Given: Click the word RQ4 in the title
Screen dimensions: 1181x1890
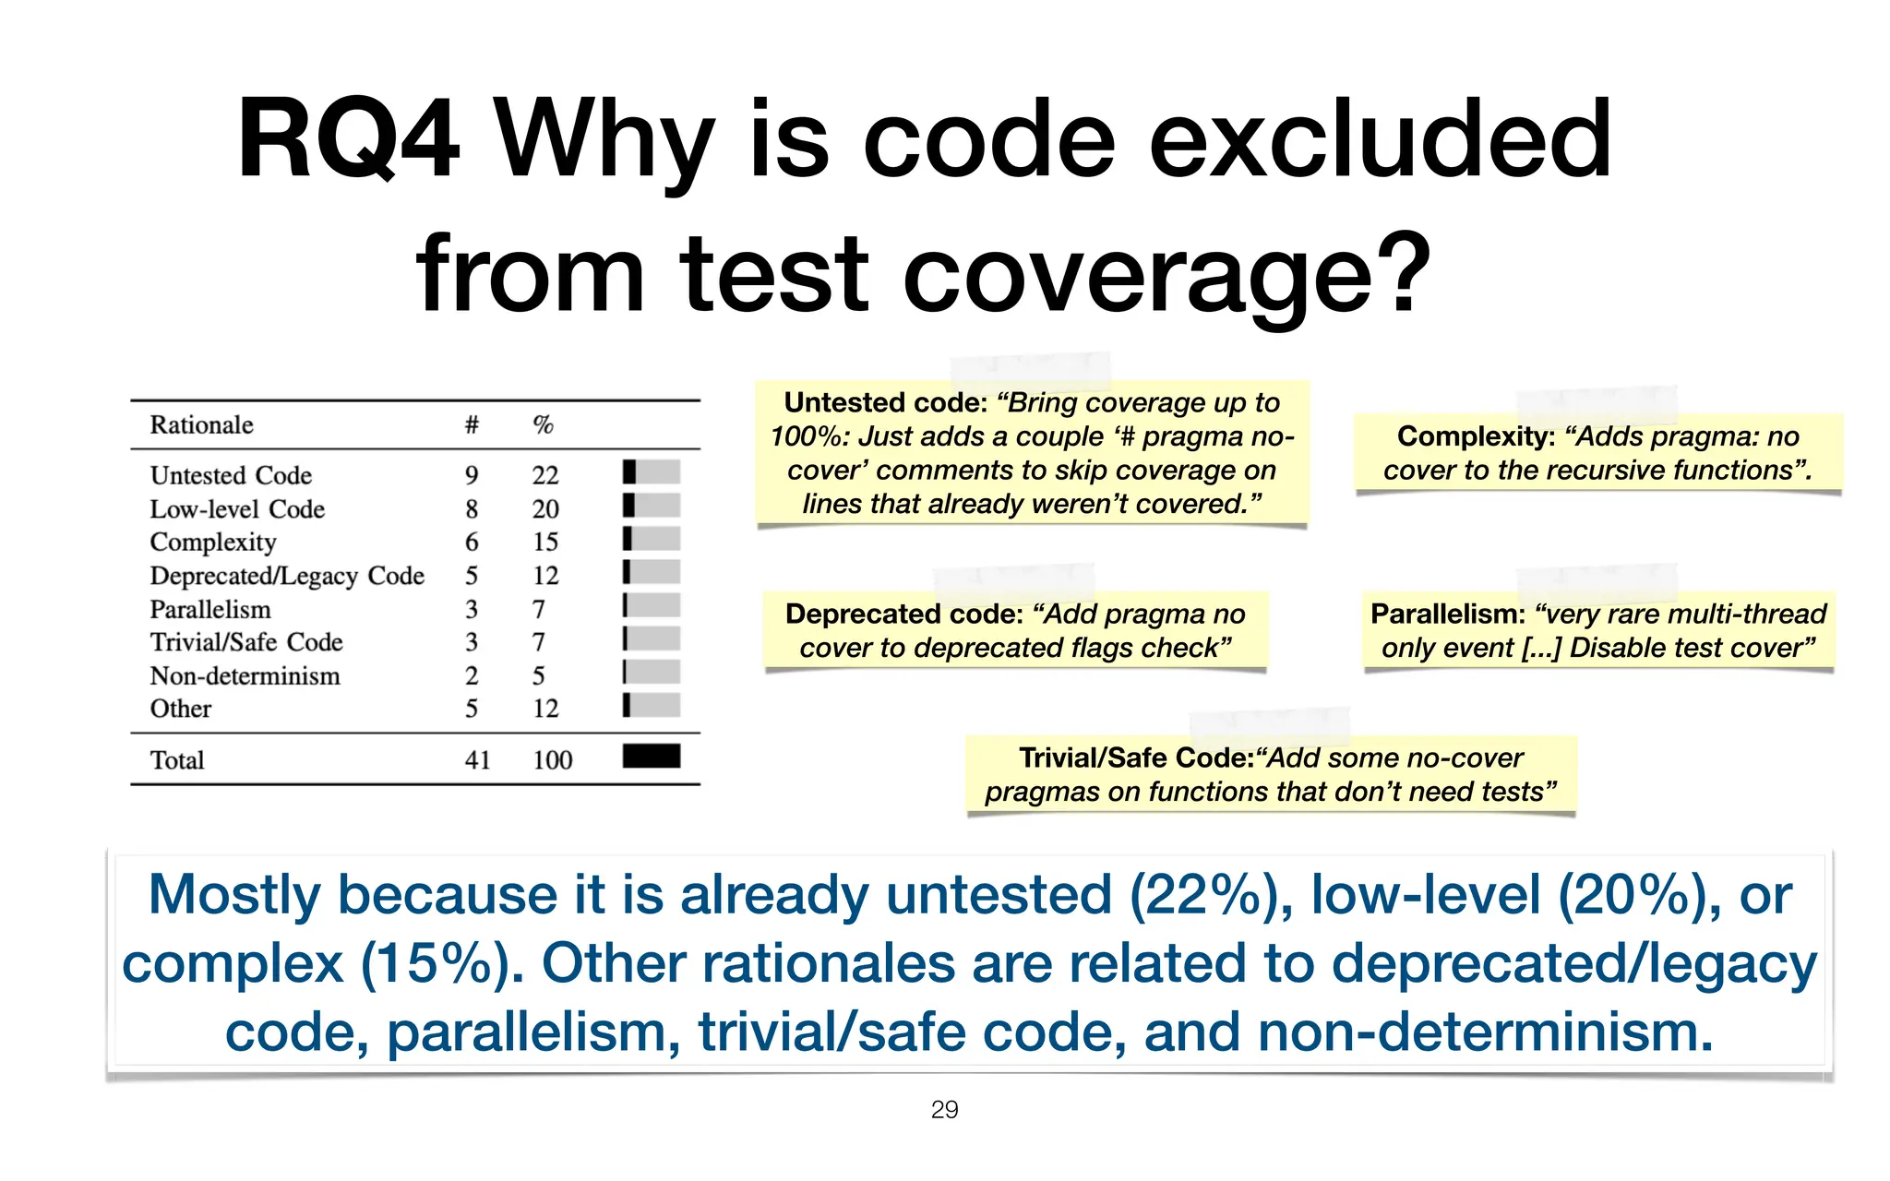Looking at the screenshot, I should click(x=348, y=141).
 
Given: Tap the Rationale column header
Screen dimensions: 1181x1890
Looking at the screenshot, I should click(x=201, y=425).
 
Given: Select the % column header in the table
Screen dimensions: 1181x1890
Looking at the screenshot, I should click(x=543, y=425).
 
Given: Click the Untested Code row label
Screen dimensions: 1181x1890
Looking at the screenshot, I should click(x=231, y=475).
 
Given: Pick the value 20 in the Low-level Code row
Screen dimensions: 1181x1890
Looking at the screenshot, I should click(x=545, y=509).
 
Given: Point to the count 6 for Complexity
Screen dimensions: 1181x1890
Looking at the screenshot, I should click(x=472, y=543).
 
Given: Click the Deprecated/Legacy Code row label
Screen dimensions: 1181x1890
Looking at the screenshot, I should click(x=287, y=576).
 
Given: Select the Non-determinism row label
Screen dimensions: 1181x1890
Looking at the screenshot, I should click(x=245, y=676).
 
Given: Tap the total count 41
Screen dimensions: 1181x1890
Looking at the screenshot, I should click(x=477, y=760).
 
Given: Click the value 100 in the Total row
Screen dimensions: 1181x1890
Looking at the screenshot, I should click(x=552, y=760).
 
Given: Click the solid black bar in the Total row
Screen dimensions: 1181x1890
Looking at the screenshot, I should click(x=652, y=757).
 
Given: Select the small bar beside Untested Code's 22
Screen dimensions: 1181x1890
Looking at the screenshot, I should click(x=652, y=472).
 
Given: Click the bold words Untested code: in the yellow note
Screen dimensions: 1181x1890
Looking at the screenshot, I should click(x=885, y=403).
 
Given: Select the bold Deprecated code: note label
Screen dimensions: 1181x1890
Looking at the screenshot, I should click(x=903, y=614).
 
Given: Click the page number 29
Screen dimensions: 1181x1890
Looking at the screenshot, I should click(x=944, y=1110).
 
